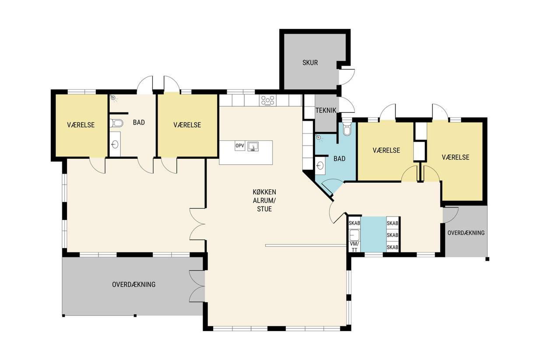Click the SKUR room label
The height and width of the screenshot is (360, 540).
(x=310, y=63)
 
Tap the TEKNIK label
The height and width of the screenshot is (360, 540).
(x=326, y=110)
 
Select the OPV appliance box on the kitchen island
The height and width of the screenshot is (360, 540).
(x=240, y=146)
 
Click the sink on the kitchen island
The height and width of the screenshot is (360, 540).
(x=253, y=147)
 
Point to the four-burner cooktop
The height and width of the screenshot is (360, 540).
(x=268, y=101)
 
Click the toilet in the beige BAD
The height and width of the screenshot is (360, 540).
(x=116, y=123)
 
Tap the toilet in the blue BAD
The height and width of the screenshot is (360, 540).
(x=347, y=129)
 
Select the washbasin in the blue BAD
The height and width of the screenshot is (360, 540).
(x=320, y=165)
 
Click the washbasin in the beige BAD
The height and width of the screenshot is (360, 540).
(x=115, y=144)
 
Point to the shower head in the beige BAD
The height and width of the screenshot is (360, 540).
(x=113, y=98)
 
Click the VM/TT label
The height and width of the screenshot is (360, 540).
(x=354, y=247)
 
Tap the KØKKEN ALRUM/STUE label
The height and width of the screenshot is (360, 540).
(x=264, y=200)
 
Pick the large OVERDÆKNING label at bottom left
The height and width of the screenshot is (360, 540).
(x=134, y=285)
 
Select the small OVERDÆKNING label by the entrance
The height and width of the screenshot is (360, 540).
(x=466, y=233)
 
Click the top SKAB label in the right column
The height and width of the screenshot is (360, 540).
(x=393, y=224)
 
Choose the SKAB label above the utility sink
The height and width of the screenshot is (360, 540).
(x=354, y=223)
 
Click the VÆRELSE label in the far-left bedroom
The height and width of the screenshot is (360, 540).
(x=81, y=125)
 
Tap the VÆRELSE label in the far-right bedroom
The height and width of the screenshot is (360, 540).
(x=456, y=157)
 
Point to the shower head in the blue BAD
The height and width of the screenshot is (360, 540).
(x=319, y=138)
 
